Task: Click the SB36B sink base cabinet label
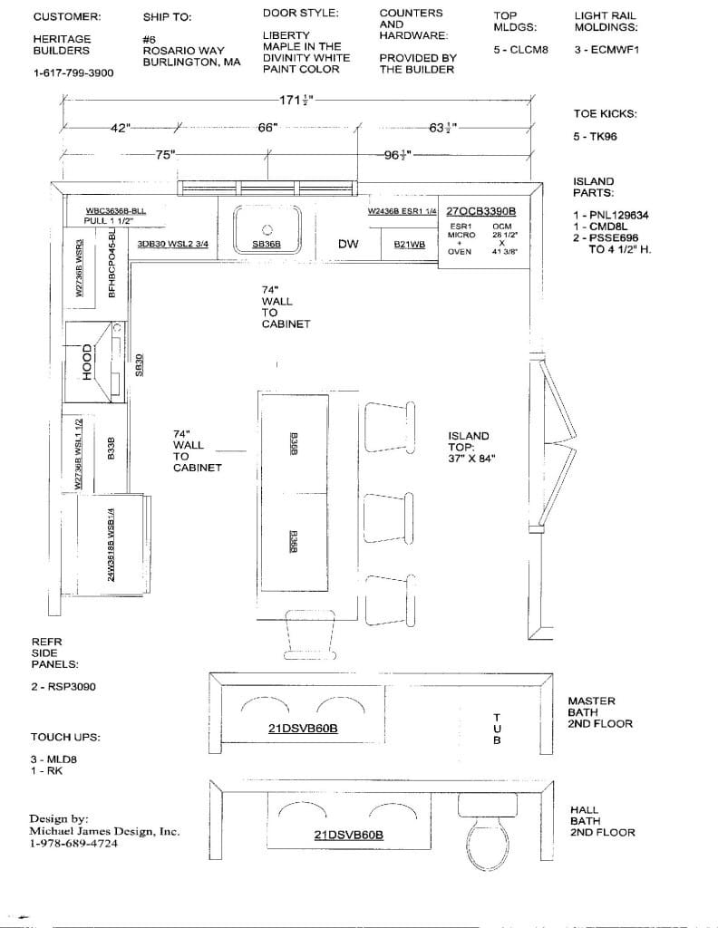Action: [267, 244]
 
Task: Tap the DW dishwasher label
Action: [348, 244]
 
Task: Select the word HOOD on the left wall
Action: [88, 361]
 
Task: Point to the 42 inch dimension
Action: [121, 128]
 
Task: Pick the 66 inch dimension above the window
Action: [267, 128]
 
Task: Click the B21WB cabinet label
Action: [410, 244]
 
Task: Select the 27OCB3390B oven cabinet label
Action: [481, 210]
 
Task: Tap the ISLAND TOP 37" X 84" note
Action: [471, 447]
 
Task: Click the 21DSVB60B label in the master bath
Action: [303, 728]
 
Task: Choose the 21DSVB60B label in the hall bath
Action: [348, 835]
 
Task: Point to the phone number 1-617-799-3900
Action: [73, 72]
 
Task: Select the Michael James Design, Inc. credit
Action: [104, 831]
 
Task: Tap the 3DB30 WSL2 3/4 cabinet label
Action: [172, 244]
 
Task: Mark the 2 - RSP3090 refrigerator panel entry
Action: [63, 687]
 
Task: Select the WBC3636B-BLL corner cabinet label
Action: [115, 210]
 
